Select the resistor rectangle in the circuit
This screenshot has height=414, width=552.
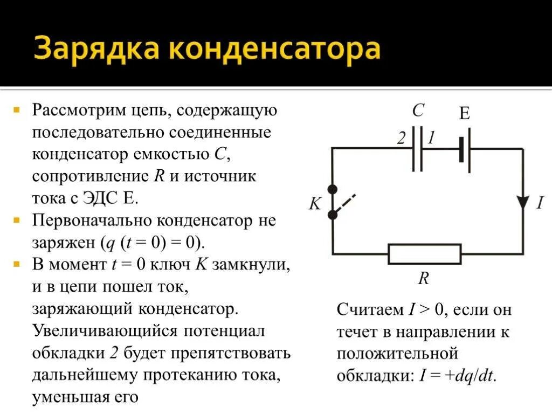425,253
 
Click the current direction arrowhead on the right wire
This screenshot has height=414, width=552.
522,202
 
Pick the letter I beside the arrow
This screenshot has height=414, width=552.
540,203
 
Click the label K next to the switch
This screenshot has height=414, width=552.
315,204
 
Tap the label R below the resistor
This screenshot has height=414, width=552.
424,278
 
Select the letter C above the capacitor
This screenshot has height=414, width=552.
418,111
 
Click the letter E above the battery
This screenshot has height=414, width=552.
464,113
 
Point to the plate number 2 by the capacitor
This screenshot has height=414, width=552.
401,139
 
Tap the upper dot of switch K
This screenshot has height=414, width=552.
333,189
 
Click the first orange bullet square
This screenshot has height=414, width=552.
17,110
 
